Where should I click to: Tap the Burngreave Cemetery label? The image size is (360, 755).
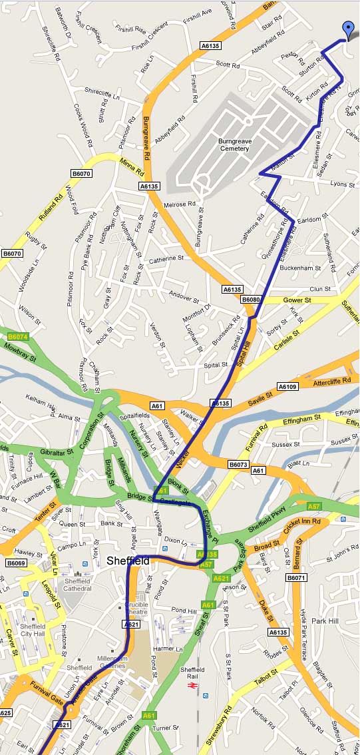pyautogui.click(x=234, y=144)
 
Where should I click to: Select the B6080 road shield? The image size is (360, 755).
pyautogui.click(x=251, y=300)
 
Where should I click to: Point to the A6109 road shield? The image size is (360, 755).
pyautogui.click(x=287, y=387)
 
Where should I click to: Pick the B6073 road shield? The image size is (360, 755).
pyautogui.click(x=238, y=464)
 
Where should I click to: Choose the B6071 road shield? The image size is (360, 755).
pyautogui.click(x=296, y=578)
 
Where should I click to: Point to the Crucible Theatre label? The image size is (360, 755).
pyautogui.click(x=136, y=609)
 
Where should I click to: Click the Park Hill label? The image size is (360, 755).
pyautogui.click(x=325, y=621)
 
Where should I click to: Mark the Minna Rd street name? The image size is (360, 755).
pyautogui.click(x=132, y=166)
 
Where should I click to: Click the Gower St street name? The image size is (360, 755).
pyautogui.click(x=297, y=300)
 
